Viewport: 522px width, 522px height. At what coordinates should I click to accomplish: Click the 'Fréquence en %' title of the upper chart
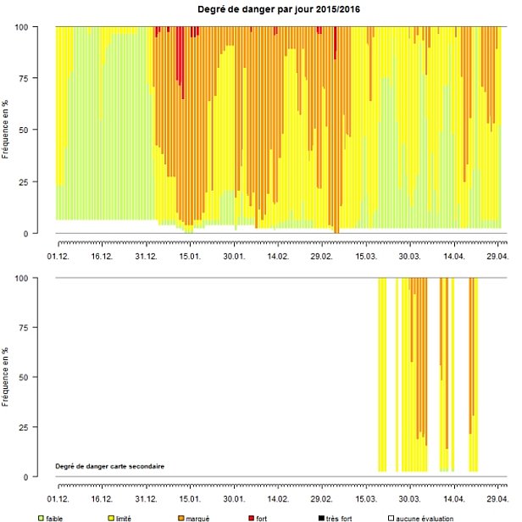click(8, 130)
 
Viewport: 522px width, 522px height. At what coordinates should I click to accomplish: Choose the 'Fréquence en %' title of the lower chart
click(8, 377)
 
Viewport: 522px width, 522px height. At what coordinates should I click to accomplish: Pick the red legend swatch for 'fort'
click(252, 517)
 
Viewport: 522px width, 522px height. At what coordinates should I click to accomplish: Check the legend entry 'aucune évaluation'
click(425, 517)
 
